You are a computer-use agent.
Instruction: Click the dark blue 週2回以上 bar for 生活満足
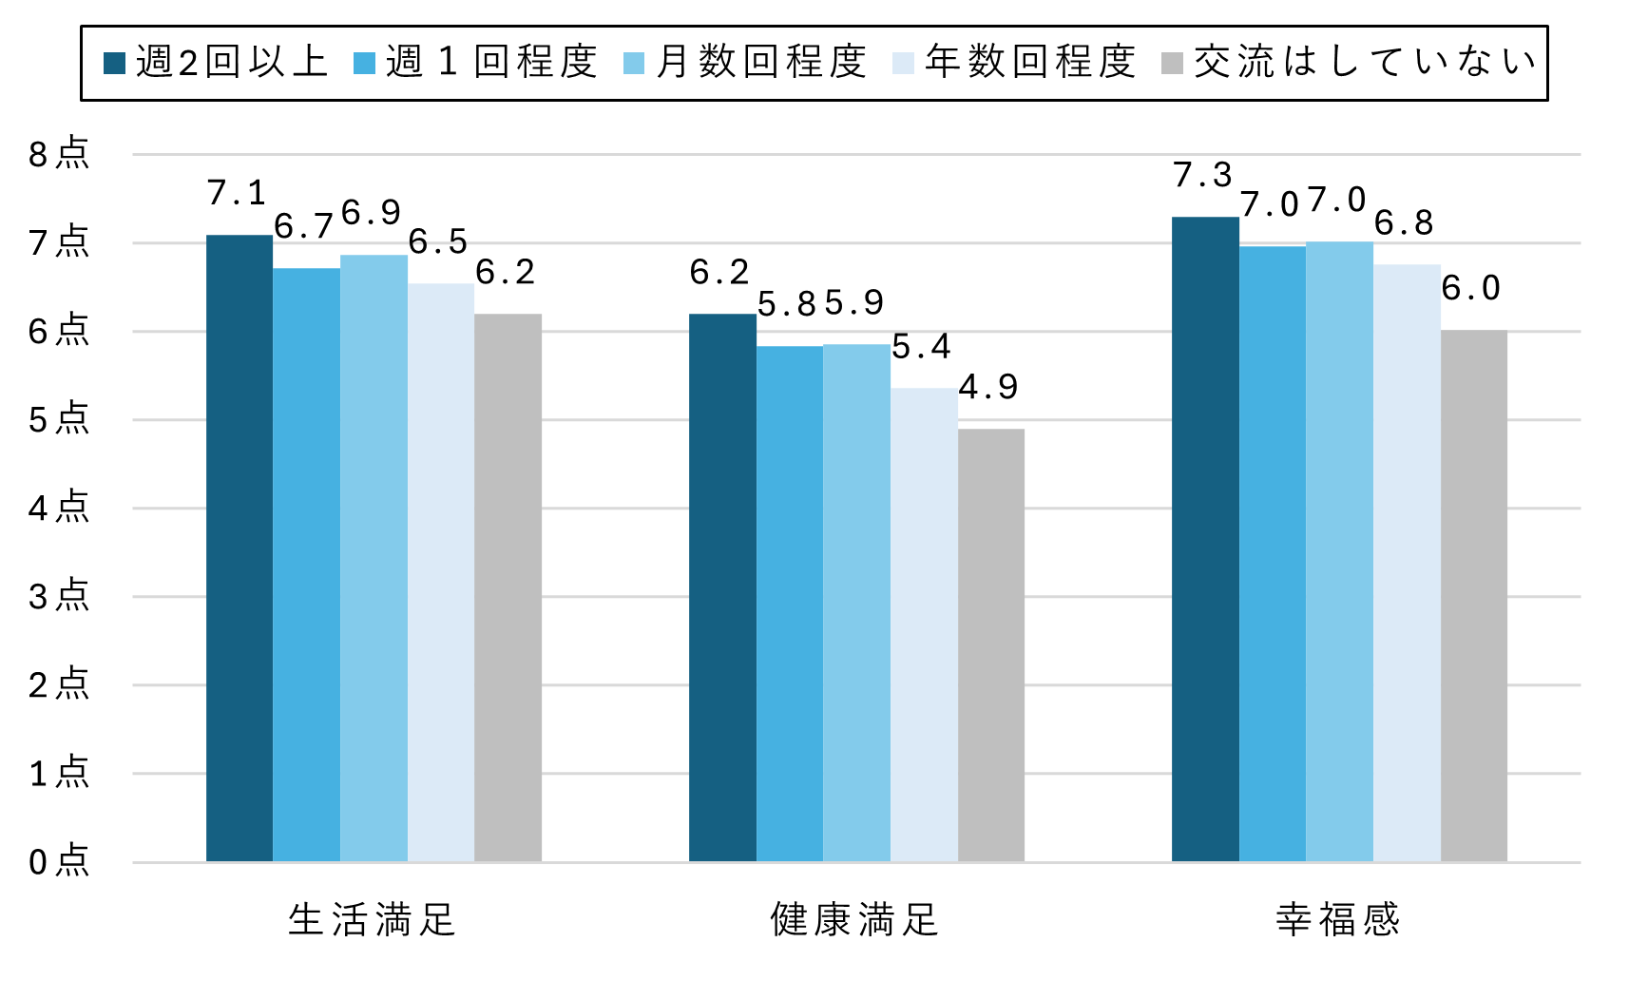[240, 548]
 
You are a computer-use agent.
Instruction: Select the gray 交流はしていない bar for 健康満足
[991, 644]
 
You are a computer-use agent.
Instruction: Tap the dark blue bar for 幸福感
[1205, 539]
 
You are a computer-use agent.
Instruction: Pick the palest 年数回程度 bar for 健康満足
[924, 625]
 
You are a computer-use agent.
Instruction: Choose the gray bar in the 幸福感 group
[1474, 595]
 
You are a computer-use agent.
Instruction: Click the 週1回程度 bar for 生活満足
[306, 565]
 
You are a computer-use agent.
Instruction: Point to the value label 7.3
[1202, 175]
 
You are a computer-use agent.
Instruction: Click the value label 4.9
[988, 387]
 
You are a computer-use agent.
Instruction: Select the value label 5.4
[921, 347]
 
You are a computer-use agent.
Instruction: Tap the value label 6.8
[1404, 223]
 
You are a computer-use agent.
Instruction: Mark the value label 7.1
[237, 193]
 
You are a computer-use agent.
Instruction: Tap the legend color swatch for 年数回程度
[903, 64]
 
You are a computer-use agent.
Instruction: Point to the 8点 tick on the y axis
[59, 154]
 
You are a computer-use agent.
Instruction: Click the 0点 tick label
[59, 861]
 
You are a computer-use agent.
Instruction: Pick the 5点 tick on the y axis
[59, 419]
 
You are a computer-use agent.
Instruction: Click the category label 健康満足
[854, 920]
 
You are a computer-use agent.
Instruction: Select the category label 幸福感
[1338, 920]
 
